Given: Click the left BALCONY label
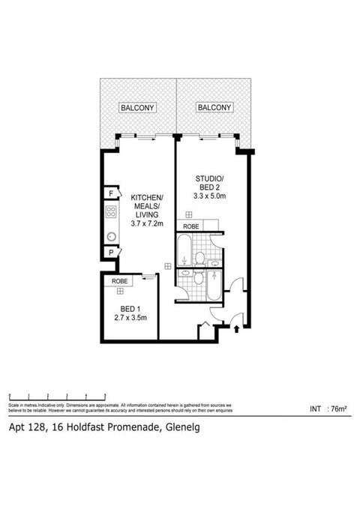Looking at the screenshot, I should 138,108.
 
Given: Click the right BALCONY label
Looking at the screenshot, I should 214,108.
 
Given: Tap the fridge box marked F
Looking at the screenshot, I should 110,194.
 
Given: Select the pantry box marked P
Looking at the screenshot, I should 110,253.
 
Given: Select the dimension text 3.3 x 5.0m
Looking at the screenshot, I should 211,196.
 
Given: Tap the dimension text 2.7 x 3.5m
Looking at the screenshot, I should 128,317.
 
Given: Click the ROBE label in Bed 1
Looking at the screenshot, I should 118,281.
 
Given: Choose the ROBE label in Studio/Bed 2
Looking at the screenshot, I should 190,225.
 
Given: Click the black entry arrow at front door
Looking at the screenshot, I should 238,328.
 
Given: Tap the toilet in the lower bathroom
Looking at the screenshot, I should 198,278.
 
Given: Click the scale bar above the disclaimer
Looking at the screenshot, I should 56,394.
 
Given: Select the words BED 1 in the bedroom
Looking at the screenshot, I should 128,307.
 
